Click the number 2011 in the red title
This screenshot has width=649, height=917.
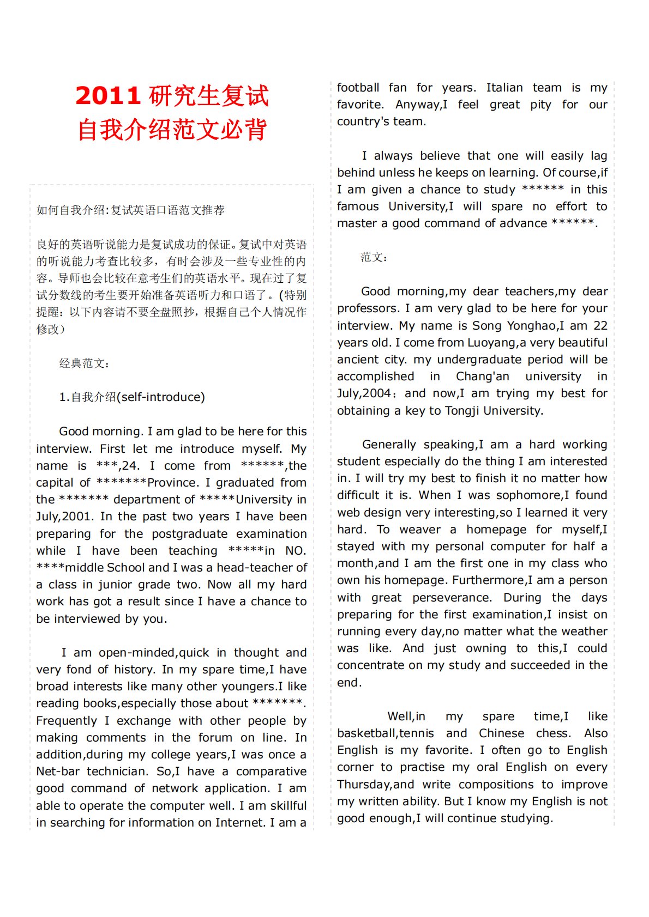pyautogui.click(x=107, y=96)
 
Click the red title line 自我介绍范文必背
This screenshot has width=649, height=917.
pyautogui.click(x=172, y=130)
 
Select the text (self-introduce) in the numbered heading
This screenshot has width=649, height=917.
pyautogui.click(x=161, y=397)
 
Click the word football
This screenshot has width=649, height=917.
pyautogui.click(x=358, y=88)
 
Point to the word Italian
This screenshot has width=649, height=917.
pyautogui.click(x=504, y=88)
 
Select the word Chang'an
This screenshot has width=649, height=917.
pyautogui.click(x=482, y=376)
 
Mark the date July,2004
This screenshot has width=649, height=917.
pyautogui.click(x=364, y=393)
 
